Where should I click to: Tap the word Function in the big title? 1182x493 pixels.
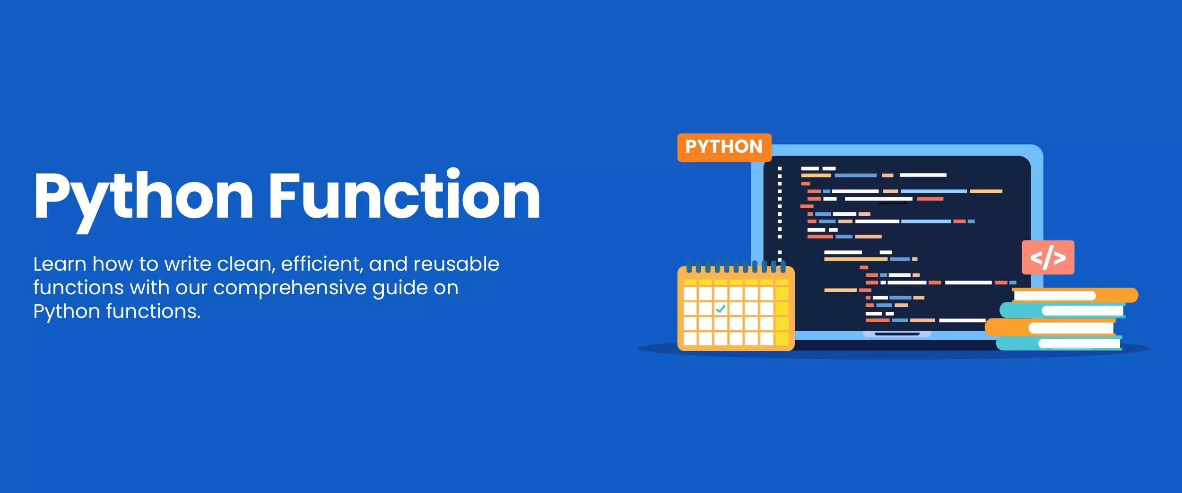point(405,195)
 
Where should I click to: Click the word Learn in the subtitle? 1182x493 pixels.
point(60,264)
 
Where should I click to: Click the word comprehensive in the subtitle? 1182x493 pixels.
point(289,288)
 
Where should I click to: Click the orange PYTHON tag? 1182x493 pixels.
point(724,147)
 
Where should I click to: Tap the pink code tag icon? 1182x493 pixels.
point(1048,257)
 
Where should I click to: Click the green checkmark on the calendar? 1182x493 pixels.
point(721,309)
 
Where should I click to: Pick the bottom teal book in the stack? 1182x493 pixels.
point(1059,343)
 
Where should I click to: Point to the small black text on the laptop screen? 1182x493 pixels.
point(893,203)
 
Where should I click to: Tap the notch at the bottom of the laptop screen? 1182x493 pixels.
point(897,334)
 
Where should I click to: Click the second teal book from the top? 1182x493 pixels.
point(1064,310)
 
